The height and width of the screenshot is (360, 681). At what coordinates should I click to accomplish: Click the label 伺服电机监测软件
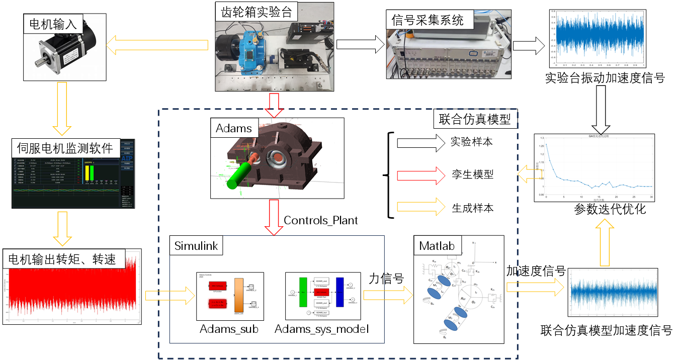[65, 148]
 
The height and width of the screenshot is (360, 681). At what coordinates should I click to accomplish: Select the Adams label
[234, 128]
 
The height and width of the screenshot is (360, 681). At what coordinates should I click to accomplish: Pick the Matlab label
[437, 246]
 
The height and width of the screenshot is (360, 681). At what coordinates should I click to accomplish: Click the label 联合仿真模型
[474, 119]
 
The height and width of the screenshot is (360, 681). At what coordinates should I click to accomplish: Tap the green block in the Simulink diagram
[303, 291]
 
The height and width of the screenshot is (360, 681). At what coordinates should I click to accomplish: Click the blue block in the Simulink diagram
[339, 291]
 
